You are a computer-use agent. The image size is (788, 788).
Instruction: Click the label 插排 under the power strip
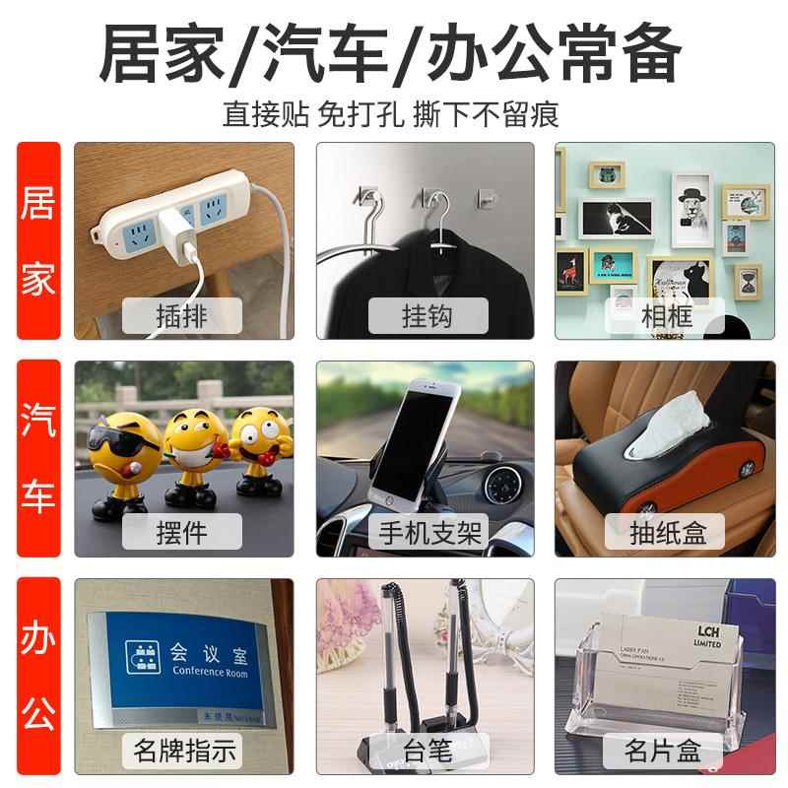click(184, 316)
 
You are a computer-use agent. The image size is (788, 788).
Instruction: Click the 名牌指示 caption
click(184, 752)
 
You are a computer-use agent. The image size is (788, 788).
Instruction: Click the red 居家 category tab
click(38, 240)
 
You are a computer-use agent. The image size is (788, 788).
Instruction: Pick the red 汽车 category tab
click(38, 458)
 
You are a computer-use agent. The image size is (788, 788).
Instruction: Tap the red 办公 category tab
click(38, 677)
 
